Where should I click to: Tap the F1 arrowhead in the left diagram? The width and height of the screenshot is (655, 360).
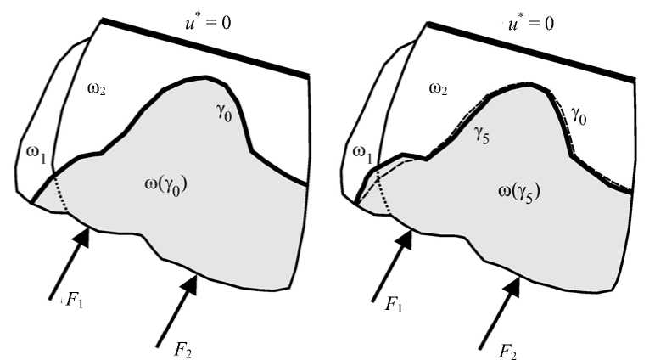point(81,237)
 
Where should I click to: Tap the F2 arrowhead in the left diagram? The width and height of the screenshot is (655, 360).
point(192,282)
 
